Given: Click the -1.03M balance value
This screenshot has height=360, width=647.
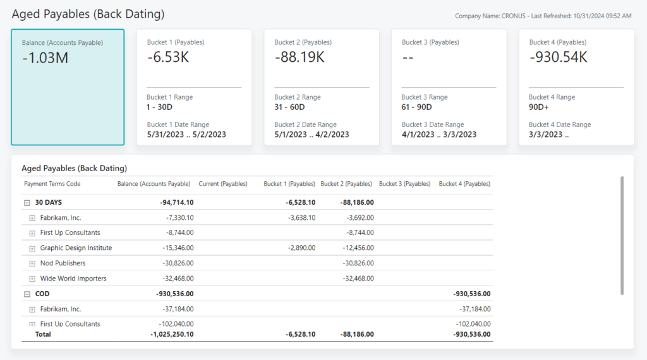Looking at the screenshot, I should tap(45, 58).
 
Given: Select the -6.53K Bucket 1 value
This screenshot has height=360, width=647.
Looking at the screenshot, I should tap(168, 57).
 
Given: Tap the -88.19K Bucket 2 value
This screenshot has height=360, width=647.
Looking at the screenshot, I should tap(299, 57).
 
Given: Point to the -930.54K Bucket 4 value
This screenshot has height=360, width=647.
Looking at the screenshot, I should tap(558, 57).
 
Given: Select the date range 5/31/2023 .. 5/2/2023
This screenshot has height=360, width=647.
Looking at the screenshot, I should tap(186, 135).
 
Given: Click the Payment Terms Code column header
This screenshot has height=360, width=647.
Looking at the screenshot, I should tap(52, 184).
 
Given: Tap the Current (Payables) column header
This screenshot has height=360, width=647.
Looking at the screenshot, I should tap(222, 184).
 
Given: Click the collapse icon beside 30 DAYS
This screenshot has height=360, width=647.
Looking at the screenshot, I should tap(27, 203).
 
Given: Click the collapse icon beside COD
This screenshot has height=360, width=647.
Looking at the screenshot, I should tap(27, 294).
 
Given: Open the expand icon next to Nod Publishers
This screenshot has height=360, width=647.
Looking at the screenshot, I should tap(32, 263).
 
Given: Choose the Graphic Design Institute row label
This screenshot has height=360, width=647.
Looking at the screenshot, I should tap(76, 248).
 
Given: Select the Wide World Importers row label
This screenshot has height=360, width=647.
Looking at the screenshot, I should tap(73, 279).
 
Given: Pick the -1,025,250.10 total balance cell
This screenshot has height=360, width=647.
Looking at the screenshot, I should tap(172, 334).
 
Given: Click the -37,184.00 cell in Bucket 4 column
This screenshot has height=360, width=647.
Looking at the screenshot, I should tap(475, 309).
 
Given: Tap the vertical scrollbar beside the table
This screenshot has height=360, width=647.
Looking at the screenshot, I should tap(622, 235).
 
